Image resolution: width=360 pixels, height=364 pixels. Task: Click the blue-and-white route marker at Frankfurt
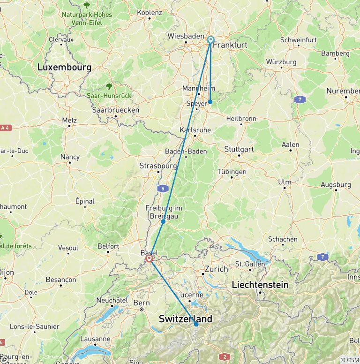click(x=210, y=40)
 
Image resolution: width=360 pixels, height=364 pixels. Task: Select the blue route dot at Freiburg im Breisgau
click(x=163, y=221)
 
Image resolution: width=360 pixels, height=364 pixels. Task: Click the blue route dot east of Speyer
click(x=210, y=102)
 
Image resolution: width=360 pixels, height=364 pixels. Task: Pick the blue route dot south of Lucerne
click(x=196, y=324)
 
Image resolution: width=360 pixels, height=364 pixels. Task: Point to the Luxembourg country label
click(x=64, y=68)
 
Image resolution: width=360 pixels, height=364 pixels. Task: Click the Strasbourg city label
click(x=158, y=166)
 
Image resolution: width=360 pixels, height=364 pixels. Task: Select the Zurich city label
click(x=216, y=269)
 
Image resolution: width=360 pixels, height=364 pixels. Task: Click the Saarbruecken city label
click(x=115, y=110)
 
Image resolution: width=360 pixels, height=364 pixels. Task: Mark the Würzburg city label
click(x=281, y=62)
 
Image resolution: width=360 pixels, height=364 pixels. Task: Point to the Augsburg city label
click(x=336, y=185)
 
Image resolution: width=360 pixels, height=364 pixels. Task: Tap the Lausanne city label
click(x=95, y=339)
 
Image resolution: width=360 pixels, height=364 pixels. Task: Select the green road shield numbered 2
click(x=225, y=357)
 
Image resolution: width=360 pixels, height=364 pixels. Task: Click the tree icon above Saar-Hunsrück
click(x=109, y=86)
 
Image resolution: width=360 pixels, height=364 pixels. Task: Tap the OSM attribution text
click(x=350, y=360)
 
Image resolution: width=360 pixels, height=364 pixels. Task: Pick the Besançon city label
click(x=61, y=280)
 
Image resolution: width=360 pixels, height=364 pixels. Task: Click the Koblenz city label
click(x=149, y=12)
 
